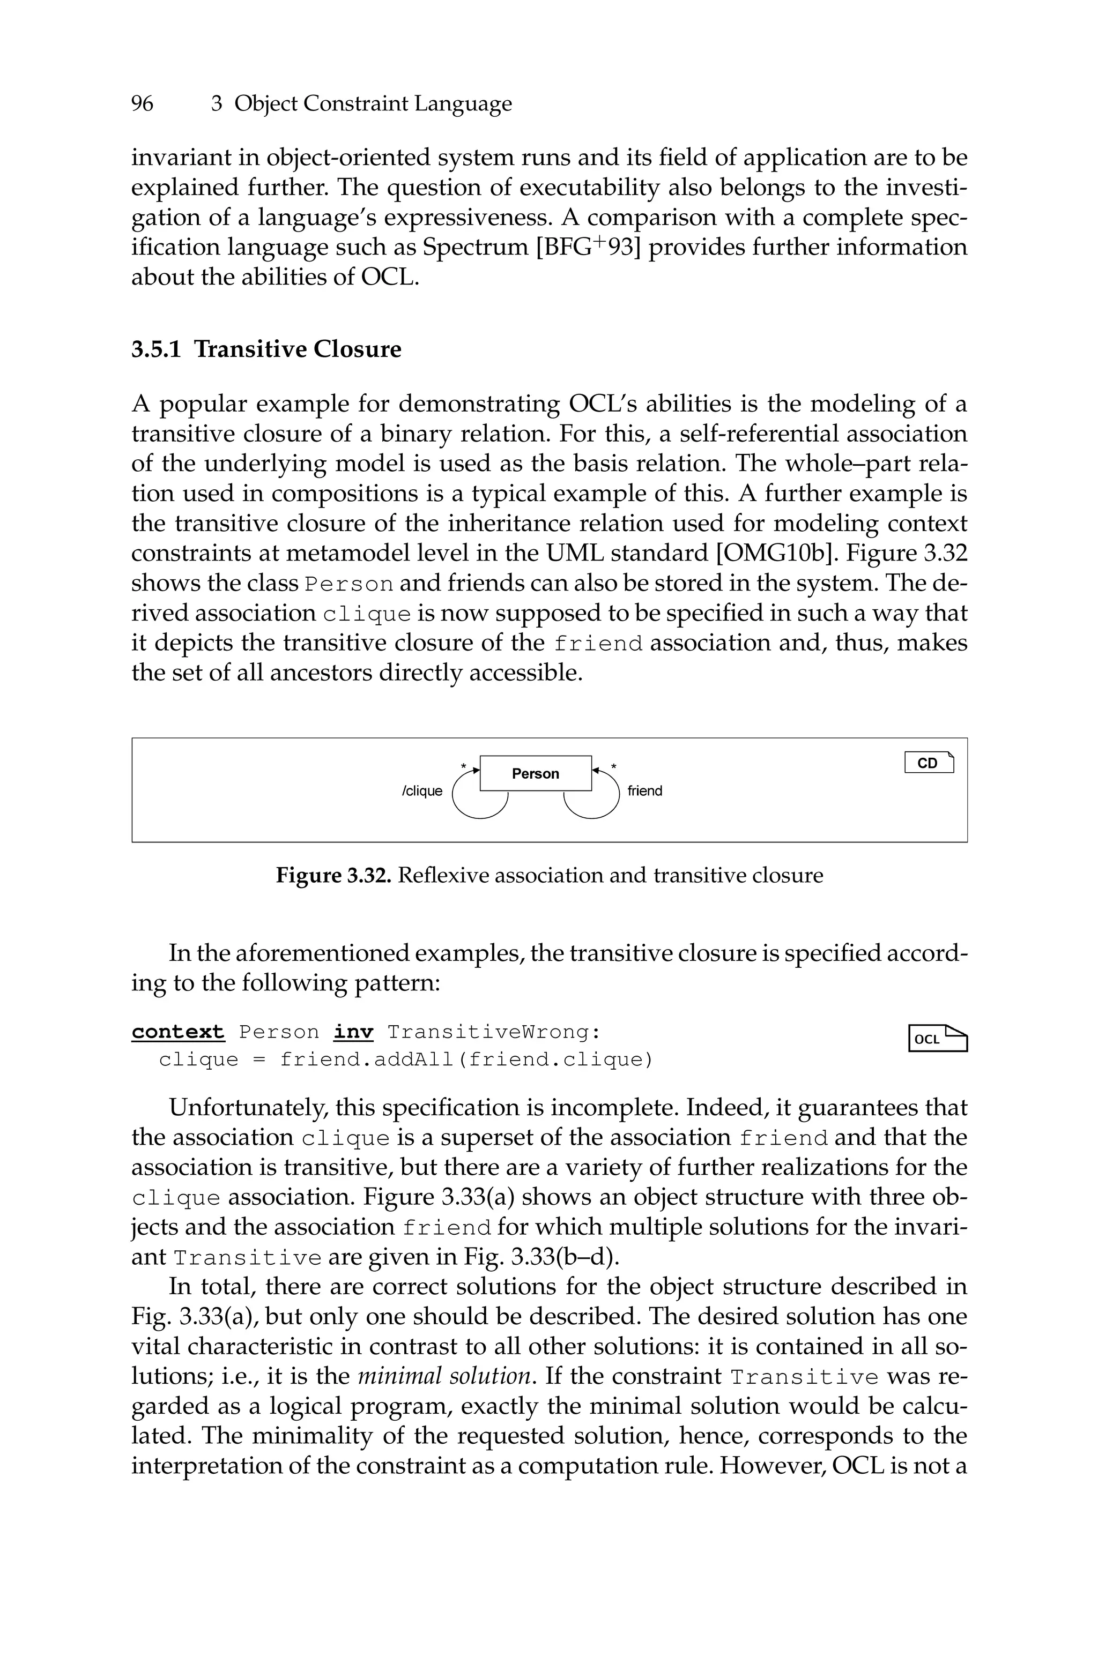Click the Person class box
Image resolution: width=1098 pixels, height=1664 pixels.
(535, 773)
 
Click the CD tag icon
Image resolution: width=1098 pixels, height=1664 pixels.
(929, 763)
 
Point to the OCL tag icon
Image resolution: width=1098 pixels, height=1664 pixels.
(937, 1039)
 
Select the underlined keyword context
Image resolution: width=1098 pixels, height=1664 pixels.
(178, 1032)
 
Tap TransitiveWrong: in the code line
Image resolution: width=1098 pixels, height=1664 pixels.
(494, 1032)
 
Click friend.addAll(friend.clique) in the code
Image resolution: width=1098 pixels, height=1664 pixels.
(466, 1060)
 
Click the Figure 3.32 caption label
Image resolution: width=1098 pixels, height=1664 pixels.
(333, 875)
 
